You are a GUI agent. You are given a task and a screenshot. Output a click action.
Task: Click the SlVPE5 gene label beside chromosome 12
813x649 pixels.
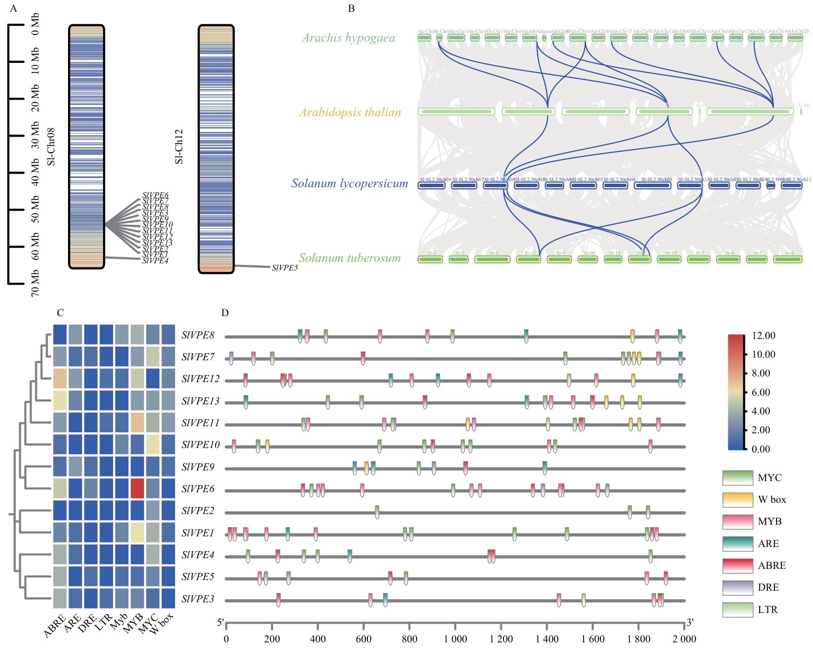pos(285,267)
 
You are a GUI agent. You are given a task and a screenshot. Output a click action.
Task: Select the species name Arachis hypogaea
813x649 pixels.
pos(348,38)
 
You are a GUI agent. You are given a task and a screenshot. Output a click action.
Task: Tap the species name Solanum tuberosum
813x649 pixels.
pos(350,258)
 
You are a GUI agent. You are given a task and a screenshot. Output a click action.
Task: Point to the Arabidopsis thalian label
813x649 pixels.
pos(350,112)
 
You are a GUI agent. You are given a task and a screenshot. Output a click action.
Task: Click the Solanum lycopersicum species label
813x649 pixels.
pos(349,183)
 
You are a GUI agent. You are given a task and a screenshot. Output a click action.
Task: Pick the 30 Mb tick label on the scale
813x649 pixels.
pos(36,135)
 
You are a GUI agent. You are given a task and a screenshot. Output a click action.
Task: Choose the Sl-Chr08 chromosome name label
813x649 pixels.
pos(51,147)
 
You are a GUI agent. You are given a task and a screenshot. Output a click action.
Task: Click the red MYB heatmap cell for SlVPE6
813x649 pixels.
pos(137,489)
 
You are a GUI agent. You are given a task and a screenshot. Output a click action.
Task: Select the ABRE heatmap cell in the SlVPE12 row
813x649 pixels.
pos(60,379)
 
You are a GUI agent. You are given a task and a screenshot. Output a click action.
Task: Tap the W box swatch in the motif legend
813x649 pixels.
pos(737,500)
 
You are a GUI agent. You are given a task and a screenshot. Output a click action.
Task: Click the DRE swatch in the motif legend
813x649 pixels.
pos(737,588)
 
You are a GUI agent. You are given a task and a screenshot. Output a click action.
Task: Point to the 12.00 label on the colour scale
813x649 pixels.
pos(763,335)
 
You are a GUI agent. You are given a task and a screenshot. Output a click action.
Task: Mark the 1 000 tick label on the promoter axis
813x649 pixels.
pos(455,639)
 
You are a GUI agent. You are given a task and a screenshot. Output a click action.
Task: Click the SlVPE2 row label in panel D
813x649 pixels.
pos(198,511)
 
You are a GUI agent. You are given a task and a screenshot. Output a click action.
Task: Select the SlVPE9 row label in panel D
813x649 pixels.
pos(198,467)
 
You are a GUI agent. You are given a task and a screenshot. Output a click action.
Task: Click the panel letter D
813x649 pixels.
pos(225,313)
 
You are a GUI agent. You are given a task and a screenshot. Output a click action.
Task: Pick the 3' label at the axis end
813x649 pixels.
pos(690,622)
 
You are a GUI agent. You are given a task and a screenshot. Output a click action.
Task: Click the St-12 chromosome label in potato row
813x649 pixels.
pos(530,253)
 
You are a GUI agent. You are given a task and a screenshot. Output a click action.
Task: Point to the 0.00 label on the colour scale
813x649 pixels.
pos(761,449)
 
